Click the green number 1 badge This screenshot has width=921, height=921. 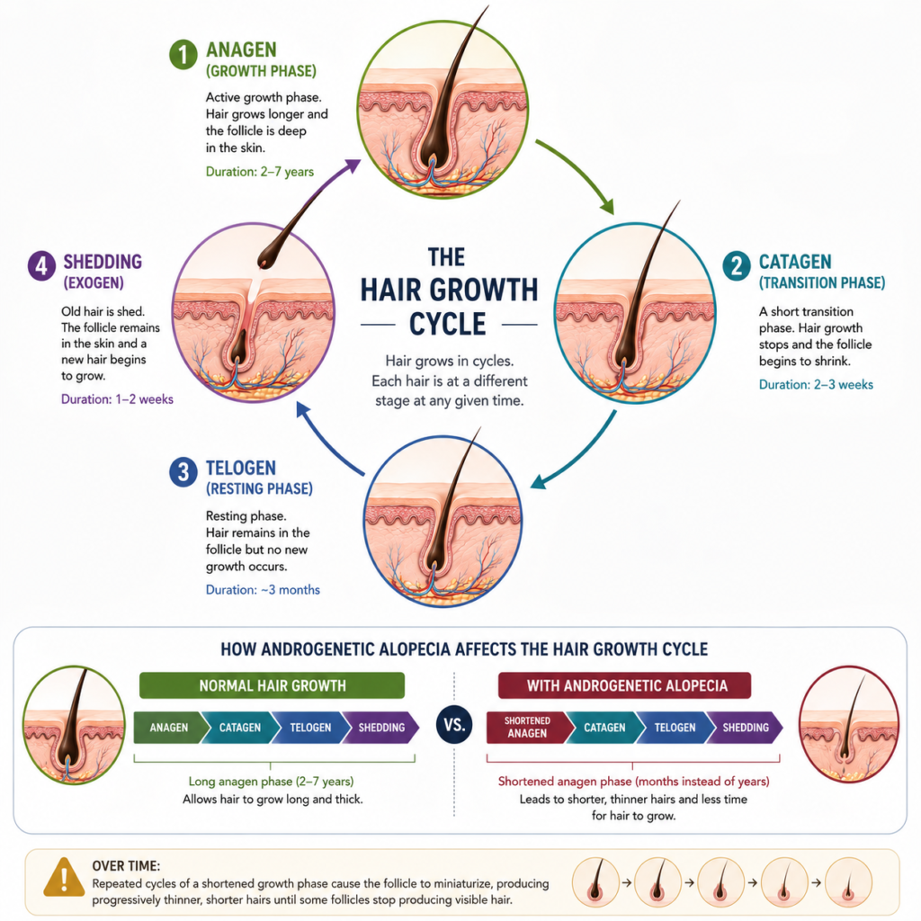(183, 55)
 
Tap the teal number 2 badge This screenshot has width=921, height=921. (737, 266)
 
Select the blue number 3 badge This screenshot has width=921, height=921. (183, 472)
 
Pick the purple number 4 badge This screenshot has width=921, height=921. (41, 266)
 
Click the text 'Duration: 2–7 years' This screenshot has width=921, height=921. (260, 172)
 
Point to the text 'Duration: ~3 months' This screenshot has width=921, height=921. (263, 590)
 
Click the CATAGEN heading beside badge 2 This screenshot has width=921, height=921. (795, 262)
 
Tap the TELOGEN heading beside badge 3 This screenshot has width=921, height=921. (241, 468)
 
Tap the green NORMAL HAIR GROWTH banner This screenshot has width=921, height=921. (272, 685)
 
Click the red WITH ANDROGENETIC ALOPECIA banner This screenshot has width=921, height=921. (624, 685)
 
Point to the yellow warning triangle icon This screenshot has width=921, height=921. (64, 878)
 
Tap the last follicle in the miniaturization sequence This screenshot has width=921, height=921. (847, 882)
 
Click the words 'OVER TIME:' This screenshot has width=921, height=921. (126, 866)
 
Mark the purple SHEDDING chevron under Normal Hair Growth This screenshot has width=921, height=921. (380, 727)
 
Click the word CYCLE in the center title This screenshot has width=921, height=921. (448, 324)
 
